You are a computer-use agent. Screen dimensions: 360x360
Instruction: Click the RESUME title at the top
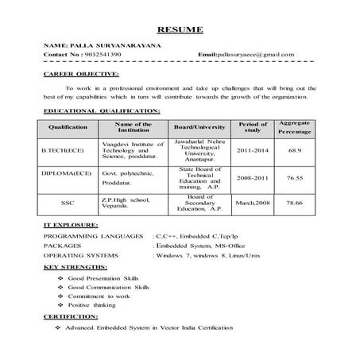(x=181, y=30)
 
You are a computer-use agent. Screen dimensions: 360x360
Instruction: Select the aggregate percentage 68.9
(x=295, y=149)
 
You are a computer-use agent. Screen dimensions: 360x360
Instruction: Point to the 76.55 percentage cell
(x=295, y=180)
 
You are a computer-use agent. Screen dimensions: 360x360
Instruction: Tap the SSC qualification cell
(x=67, y=203)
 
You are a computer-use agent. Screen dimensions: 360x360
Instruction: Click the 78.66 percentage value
(x=295, y=203)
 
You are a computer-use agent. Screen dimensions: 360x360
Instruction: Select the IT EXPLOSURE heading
(x=71, y=226)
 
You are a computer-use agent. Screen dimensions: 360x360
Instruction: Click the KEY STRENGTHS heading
(x=75, y=267)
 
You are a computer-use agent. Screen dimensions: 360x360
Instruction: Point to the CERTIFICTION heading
(x=71, y=316)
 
